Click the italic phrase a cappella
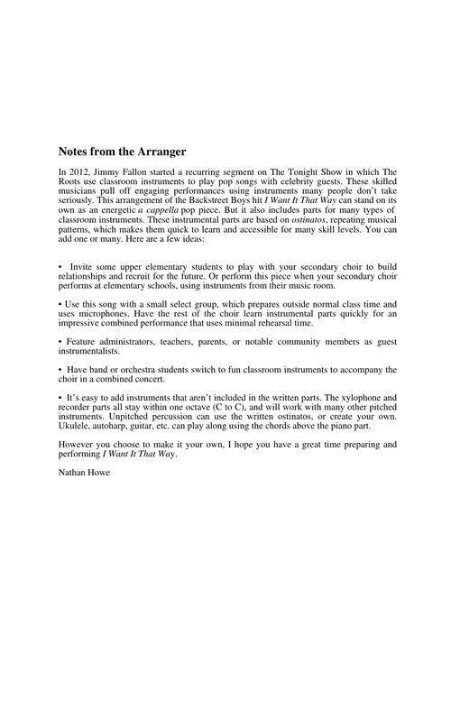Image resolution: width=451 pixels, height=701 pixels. pos(158,208)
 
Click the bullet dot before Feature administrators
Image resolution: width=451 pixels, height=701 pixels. pos(60,342)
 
